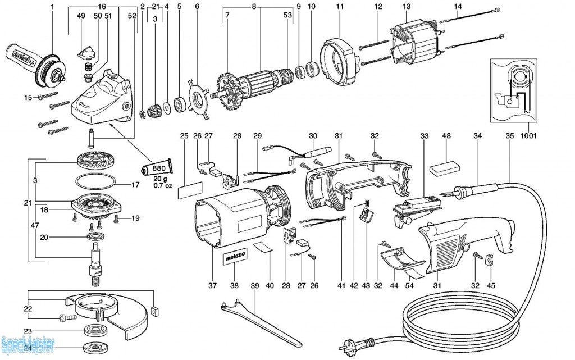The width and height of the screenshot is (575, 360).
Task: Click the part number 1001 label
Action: point(528,135)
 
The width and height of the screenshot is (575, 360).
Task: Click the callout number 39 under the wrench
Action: point(255,286)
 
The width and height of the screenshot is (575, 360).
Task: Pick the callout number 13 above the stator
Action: point(407,6)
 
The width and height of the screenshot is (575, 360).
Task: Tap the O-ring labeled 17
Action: point(96,183)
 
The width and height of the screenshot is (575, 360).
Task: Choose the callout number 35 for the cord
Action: point(509,136)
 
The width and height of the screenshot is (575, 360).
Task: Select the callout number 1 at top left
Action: point(52,6)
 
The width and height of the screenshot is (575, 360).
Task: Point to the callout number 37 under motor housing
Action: point(212,286)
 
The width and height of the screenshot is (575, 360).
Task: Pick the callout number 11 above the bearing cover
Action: point(340,6)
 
